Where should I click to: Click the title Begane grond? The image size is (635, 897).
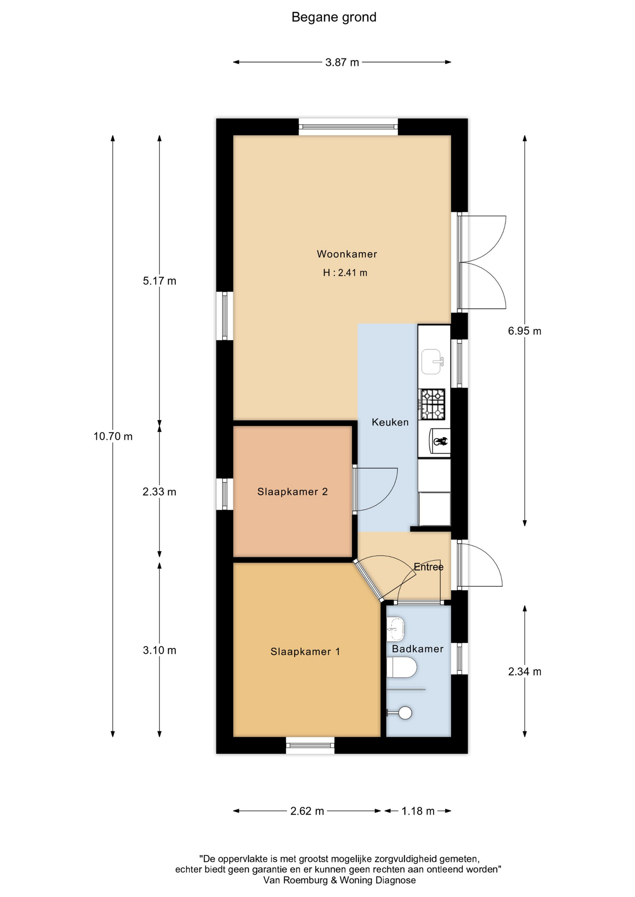pyautogui.click(x=334, y=17)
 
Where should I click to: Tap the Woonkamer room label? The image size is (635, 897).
pyautogui.click(x=347, y=254)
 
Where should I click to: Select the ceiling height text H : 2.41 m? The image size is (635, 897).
pyautogui.click(x=345, y=273)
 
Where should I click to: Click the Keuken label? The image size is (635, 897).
pyautogui.click(x=390, y=422)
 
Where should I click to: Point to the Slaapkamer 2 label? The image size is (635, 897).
pyautogui.click(x=293, y=491)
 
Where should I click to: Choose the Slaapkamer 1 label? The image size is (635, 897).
pyautogui.click(x=305, y=652)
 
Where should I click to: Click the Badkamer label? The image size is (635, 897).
pyautogui.click(x=418, y=649)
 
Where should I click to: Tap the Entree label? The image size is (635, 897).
pyautogui.click(x=428, y=567)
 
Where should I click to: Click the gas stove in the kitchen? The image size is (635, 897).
pyautogui.click(x=433, y=405)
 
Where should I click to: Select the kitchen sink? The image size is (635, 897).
pyautogui.click(x=432, y=362)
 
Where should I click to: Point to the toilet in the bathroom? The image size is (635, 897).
pyautogui.click(x=401, y=668)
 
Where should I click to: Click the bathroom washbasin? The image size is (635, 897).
pyautogui.click(x=395, y=629)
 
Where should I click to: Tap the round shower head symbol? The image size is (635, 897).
pyautogui.click(x=405, y=713)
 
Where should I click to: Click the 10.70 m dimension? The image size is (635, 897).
pyautogui.click(x=113, y=436)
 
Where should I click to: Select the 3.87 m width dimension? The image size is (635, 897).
pyautogui.click(x=342, y=62)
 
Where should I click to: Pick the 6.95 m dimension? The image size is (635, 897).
pyautogui.click(x=525, y=331)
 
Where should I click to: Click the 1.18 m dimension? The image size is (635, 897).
pyautogui.click(x=418, y=811)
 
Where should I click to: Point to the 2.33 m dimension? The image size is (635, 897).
pyautogui.click(x=159, y=492)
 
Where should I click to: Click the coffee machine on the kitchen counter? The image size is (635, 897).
pyautogui.click(x=440, y=441)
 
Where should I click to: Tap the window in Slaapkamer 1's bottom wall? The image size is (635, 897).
pyautogui.click(x=310, y=745)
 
